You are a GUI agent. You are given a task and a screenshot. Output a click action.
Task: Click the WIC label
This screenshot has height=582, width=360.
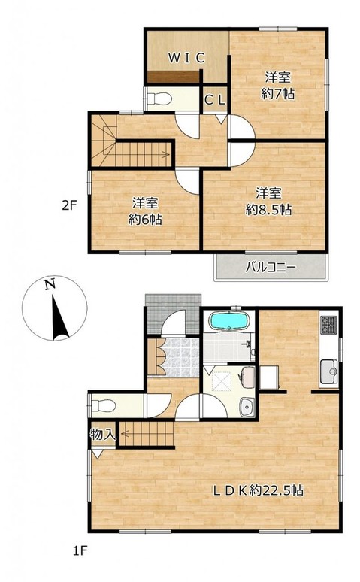click(186, 58)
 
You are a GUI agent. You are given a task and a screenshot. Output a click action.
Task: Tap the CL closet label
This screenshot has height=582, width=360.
click(215, 99)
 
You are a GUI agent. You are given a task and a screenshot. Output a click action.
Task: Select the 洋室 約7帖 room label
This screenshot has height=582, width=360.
click(277, 86)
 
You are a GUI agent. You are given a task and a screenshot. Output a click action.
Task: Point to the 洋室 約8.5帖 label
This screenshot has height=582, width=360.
click(268, 202)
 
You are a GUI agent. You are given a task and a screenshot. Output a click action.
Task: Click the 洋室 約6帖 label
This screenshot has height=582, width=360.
click(145, 211)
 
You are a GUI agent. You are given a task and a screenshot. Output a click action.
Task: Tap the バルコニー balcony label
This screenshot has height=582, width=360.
click(271, 268)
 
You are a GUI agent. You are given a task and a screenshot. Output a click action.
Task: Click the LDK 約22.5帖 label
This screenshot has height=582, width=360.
click(258, 490)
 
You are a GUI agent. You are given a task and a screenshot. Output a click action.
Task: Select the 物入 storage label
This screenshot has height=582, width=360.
click(103, 434)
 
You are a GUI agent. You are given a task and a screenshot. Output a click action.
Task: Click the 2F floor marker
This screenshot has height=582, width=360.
click(69, 205)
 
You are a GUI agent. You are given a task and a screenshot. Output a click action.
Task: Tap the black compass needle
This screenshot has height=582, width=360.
click(59, 318)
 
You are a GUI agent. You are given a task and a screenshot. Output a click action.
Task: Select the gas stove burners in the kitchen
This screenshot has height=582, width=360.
click(329, 324)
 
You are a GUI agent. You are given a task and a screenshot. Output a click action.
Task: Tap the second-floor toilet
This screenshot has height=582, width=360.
click(159, 99)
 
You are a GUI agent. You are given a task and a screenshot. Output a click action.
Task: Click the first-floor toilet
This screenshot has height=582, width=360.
click(103, 405)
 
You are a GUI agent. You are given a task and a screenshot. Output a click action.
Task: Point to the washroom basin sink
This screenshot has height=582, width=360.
click(247, 408)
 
